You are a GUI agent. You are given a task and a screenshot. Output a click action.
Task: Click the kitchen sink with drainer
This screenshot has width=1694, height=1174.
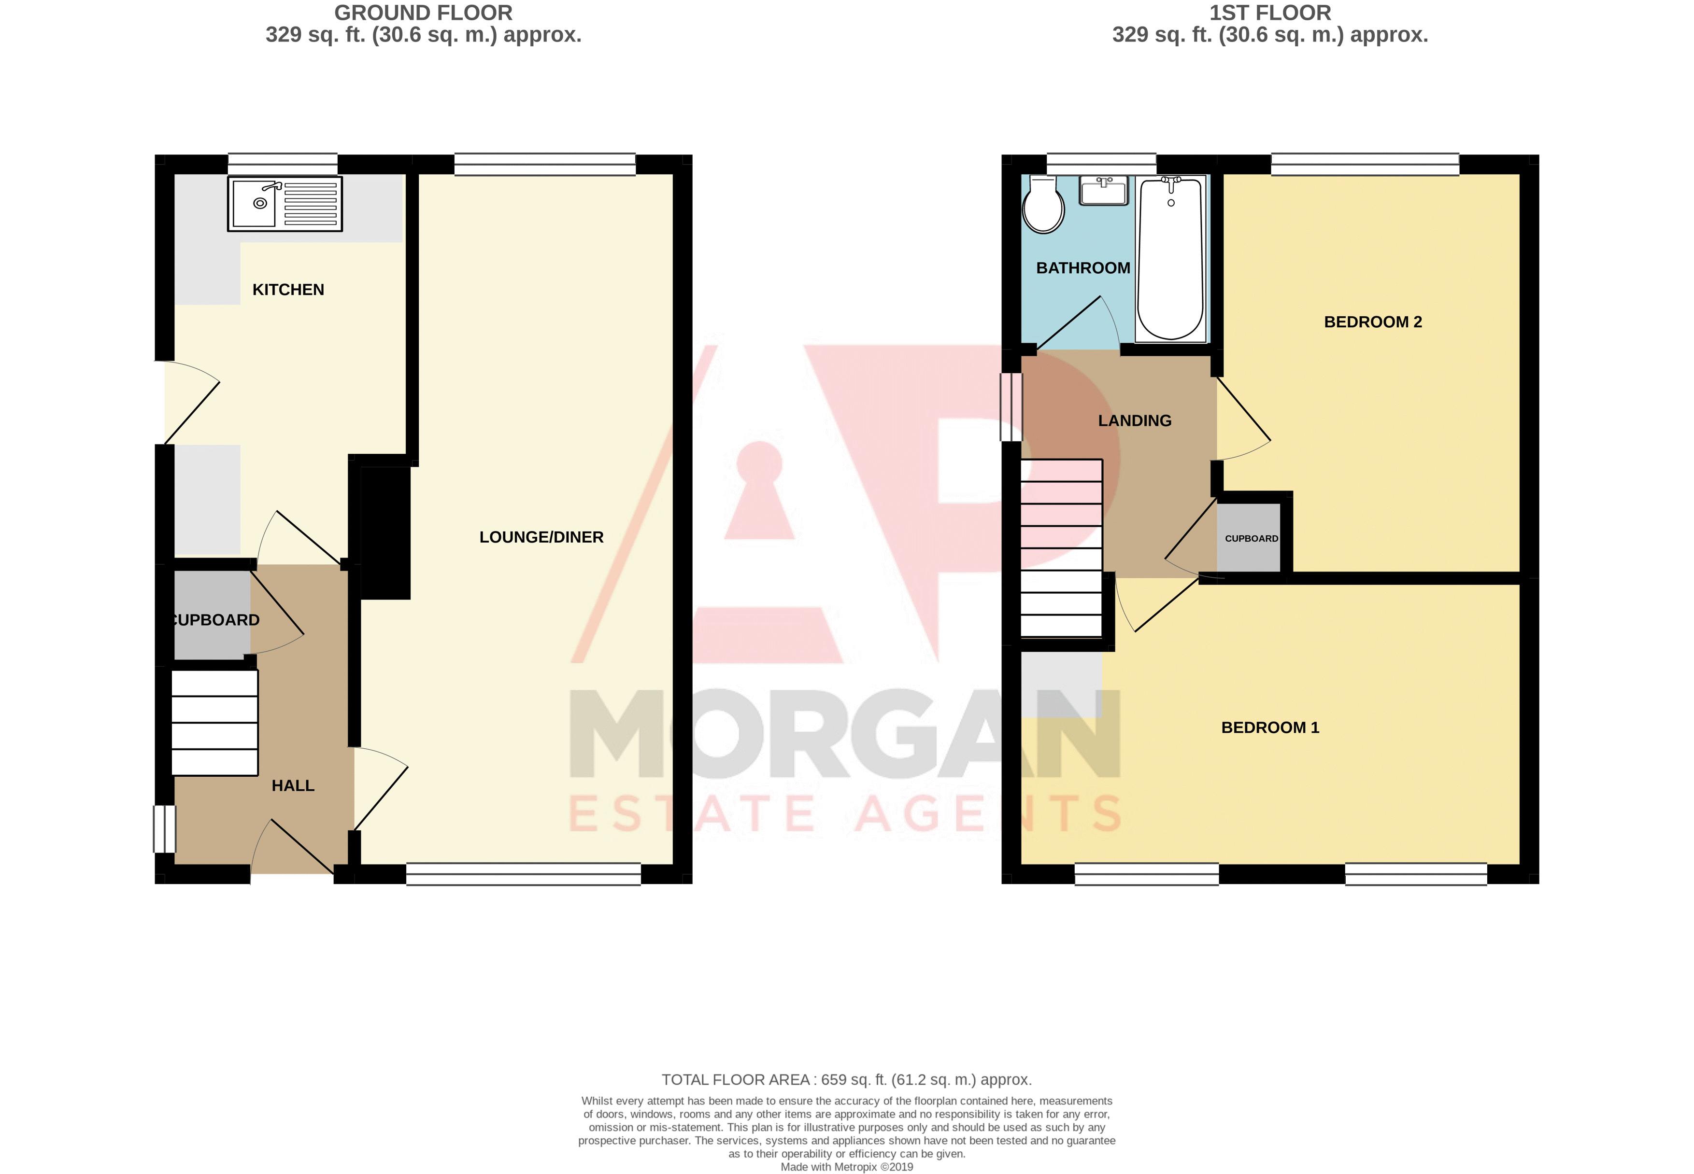point(285,204)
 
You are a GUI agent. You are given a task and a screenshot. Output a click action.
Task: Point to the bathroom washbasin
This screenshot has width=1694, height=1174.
point(1102,191)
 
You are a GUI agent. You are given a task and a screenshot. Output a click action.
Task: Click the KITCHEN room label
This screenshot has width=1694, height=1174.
point(288,290)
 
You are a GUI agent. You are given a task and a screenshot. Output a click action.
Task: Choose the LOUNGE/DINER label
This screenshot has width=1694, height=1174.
point(541,538)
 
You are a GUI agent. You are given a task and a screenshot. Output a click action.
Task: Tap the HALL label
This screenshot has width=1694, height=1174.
point(293,785)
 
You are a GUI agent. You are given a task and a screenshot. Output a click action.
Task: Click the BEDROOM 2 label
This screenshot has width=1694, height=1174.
point(1372,322)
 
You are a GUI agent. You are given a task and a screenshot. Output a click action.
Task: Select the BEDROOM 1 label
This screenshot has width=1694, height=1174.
point(1269,727)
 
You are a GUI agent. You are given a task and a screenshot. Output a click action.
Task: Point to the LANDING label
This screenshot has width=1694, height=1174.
point(1134,421)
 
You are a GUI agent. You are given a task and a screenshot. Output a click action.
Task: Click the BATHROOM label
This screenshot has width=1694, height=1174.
point(1082,268)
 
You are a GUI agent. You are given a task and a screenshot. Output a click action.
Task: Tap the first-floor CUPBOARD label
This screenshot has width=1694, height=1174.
point(1251,538)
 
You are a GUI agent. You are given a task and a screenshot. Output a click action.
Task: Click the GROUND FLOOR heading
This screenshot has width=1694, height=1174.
point(423,13)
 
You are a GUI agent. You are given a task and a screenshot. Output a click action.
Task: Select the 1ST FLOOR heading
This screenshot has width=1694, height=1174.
point(1269,13)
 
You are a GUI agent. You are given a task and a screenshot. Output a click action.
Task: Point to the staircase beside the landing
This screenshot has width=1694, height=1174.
point(1061,548)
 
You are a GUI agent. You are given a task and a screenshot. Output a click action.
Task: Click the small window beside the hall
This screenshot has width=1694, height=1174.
point(165,829)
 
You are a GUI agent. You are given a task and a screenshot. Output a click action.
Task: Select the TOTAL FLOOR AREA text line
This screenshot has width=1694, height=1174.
point(846,1080)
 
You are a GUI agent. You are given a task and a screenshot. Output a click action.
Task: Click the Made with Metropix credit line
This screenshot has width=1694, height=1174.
point(846,1167)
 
